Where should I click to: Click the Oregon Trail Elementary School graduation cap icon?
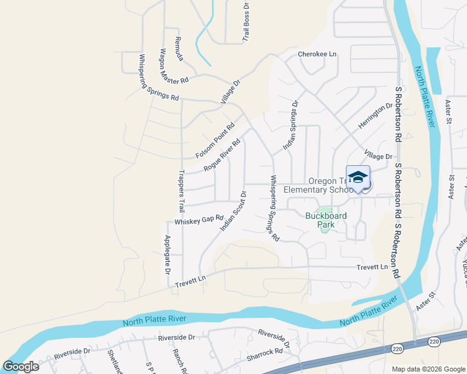click(358, 177)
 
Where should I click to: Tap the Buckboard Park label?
click(326, 216)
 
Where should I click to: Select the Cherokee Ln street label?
click(317, 54)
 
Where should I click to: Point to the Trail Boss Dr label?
click(246, 22)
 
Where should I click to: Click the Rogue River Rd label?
click(222, 155)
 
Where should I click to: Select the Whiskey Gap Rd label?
click(199, 220)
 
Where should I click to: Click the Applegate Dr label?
click(167, 255)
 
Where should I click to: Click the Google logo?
click(21, 367)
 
